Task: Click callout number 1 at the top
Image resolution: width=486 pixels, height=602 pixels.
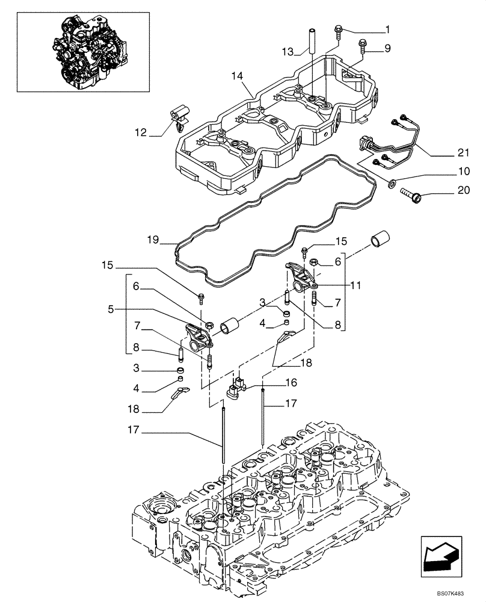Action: click(x=387, y=29)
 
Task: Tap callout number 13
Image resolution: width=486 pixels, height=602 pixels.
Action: click(x=289, y=52)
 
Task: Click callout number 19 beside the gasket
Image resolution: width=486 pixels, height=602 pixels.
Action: click(x=152, y=240)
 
